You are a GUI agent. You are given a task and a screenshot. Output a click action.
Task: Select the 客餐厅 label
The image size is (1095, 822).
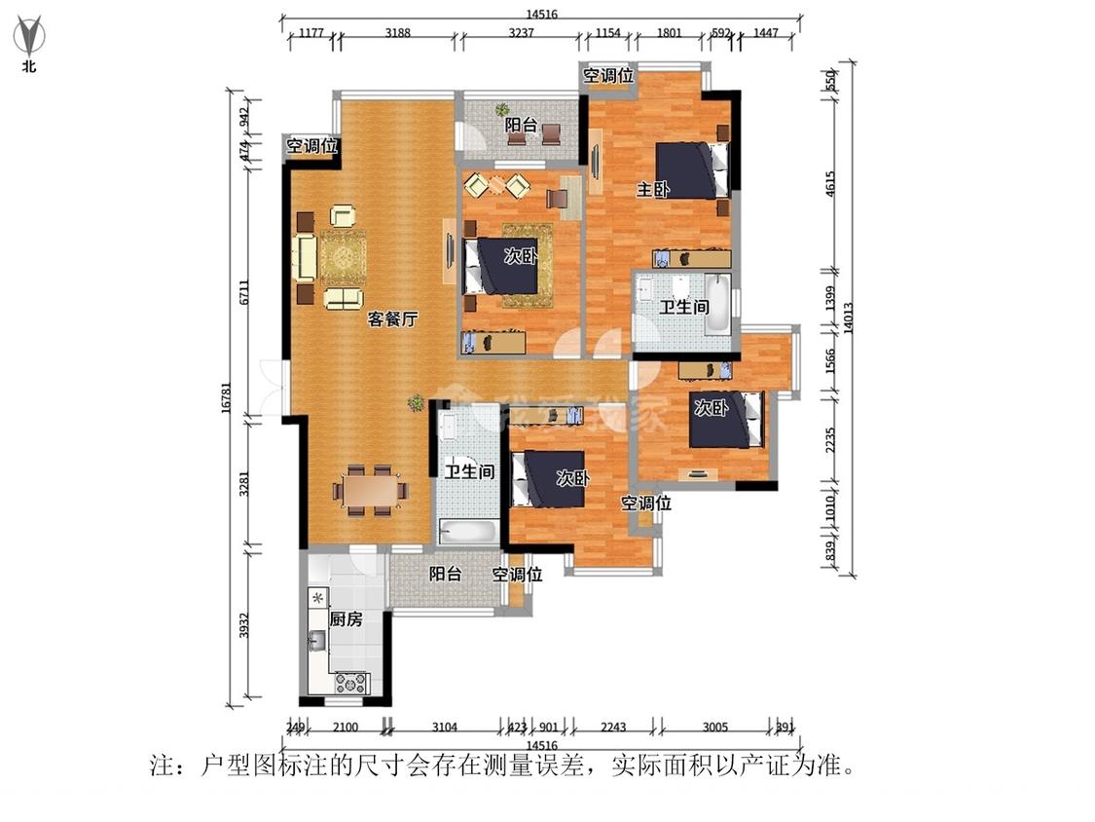(392, 318)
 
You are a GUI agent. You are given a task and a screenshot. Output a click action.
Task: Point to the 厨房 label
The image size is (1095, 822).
(346, 619)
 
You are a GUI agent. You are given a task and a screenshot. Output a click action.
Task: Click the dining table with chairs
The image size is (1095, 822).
(370, 489)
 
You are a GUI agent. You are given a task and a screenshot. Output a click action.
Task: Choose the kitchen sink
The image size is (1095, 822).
(317, 640)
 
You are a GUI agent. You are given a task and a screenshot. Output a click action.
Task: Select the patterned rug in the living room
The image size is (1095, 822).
(343, 257)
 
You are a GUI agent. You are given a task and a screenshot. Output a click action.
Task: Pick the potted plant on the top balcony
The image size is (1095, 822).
(502, 110)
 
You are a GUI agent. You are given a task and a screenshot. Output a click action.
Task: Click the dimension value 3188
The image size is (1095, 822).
(397, 33)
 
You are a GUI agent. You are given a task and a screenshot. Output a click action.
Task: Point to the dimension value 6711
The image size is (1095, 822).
(244, 292)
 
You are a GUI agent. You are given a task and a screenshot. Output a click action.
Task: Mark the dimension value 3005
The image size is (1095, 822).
(714, 726)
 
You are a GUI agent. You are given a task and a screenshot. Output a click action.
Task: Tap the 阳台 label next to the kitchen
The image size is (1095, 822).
(445, 575)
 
